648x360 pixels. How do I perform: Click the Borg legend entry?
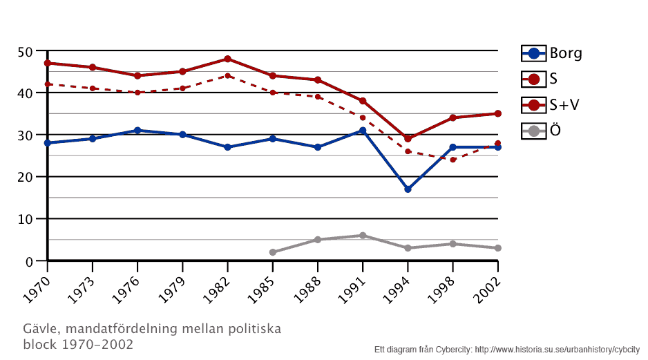click(x=551, y=53)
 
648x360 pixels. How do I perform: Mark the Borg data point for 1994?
click(x=408, y=189)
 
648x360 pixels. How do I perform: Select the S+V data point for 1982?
click(x=227, y=59)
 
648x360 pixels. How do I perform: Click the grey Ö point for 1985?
click(x=272, y=252)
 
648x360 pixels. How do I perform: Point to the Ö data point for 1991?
click(x=363, y=236)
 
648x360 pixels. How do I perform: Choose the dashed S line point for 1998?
click(x=452, y=160)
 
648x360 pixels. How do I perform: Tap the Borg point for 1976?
click(x=137, y=131)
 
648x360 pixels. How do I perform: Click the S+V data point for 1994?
click(x=408, y=139)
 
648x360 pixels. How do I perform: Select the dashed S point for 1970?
click(x=47, y=84)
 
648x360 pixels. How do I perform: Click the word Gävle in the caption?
click(x=39, y=329)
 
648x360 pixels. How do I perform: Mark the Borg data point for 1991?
click(x=363, y=131)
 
